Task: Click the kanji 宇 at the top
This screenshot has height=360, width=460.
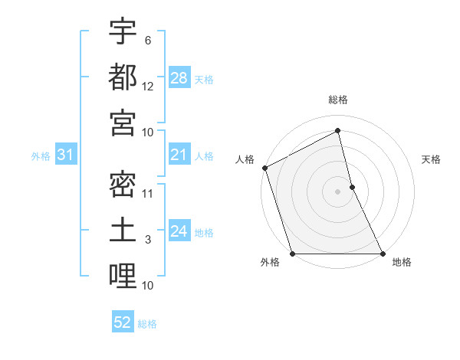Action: pos(123,32)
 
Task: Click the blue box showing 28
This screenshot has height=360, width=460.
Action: pos(179,78)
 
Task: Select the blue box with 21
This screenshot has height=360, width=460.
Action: pos(179,155)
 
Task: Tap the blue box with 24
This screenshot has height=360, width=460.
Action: pos(179,231)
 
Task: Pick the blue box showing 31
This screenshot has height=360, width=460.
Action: pos(65,155)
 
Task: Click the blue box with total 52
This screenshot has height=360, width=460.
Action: pos(123,322)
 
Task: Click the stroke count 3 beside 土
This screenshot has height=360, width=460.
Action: pos(148,240)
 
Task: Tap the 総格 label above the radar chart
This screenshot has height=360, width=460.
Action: pos(338,100)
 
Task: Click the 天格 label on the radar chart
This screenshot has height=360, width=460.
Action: pos(431,159)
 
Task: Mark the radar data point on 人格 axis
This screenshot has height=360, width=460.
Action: pos(264,168)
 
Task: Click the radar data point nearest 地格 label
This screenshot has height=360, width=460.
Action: pos(382,253)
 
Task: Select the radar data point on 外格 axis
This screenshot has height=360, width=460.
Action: pos(292,253)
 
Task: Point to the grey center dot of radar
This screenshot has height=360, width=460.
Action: pos(338,191)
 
